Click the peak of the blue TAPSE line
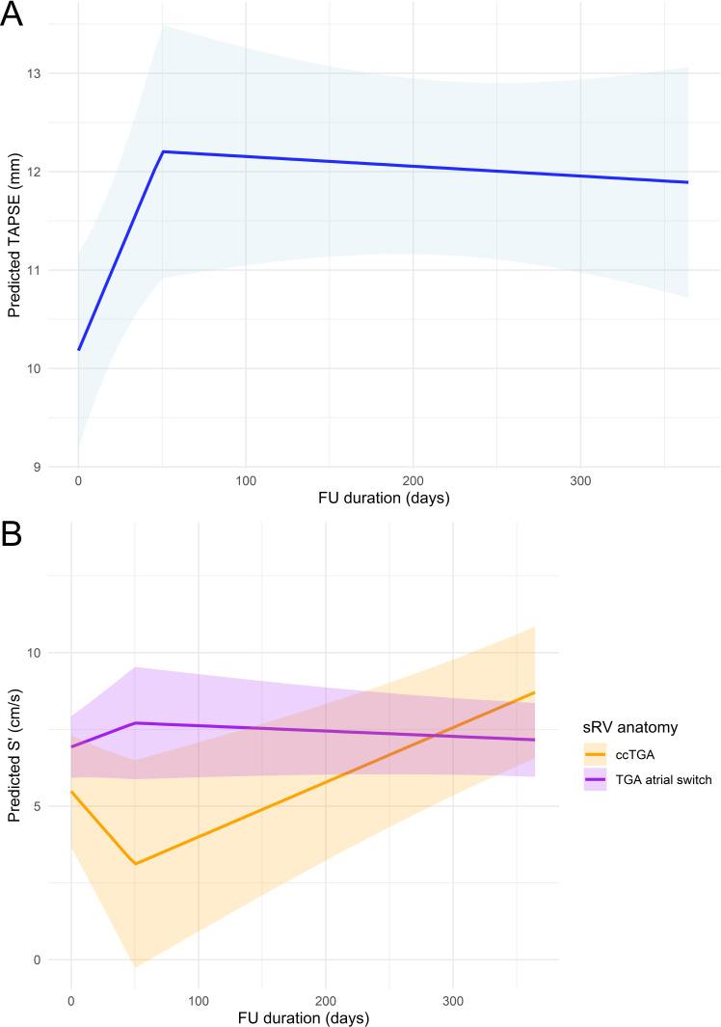point(163,151)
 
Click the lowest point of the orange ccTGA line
point(135,863)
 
